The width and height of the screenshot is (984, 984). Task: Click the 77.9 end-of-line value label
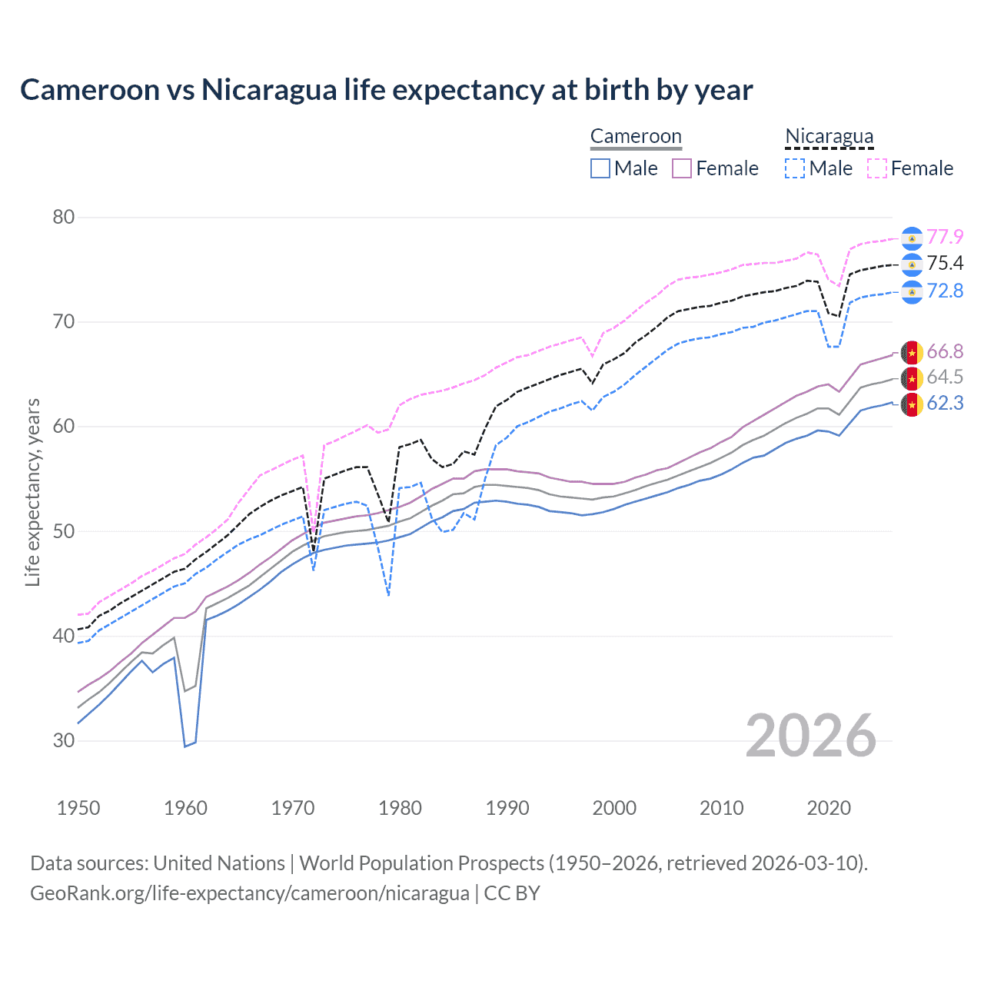[945, 237]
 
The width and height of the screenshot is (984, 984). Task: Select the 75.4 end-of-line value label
[945, 264]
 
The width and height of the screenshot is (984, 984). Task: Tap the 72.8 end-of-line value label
[945, 291]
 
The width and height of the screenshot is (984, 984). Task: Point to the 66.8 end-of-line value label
[945, 352]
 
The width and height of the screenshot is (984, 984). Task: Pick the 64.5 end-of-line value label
[945, 377]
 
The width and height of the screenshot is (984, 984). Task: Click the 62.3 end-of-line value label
[945, 404]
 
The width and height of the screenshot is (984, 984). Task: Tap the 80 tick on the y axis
[64, 218]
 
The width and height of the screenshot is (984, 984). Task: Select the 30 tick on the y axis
[64, 741]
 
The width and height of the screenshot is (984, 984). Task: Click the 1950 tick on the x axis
[78, 808]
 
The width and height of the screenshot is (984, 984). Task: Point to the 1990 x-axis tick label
[507, 808]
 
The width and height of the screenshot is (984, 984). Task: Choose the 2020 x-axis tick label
[829, 808]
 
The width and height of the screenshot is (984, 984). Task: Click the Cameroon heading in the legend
[636, 137]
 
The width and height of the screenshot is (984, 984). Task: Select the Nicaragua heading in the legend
[829, 137]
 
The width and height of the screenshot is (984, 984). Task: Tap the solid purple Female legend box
[682, 168]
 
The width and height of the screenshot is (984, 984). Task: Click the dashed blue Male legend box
[795, 168]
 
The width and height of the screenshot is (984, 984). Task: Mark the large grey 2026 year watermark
[810, 736]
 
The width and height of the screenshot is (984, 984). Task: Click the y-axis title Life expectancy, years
[32, 493]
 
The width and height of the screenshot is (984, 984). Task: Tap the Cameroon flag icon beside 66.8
[912, 353]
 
